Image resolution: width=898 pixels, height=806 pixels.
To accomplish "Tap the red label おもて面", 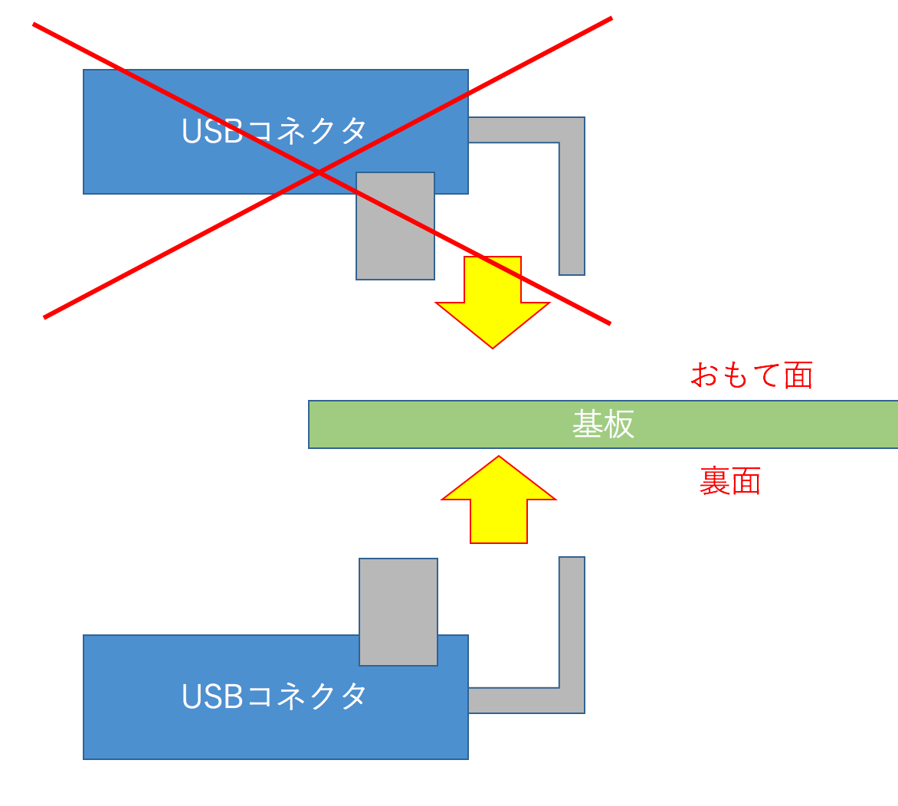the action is (751, 375).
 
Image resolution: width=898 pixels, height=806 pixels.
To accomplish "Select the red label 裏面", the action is (729, 482).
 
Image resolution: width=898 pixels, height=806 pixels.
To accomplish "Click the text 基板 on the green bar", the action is (603, 424).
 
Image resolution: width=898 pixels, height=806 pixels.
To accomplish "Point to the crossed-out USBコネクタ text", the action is (274, 131).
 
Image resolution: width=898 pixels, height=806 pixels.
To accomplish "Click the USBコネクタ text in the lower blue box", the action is (274, 696).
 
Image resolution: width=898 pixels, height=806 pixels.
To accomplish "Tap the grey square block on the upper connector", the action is (395, 226).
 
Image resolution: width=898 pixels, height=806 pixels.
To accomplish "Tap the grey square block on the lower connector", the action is (398, 611).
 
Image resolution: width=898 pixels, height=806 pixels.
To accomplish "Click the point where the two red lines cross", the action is (318, 174).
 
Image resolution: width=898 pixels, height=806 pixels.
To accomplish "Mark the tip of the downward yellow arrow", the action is (493, 346).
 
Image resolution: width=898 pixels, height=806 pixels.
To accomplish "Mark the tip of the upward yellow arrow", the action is (499, 458).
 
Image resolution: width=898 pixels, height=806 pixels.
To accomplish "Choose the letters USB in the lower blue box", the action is (211, 696).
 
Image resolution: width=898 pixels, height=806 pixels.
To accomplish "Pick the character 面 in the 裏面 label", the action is (746, 482).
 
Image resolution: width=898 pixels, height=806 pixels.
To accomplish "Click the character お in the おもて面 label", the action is (704, 375).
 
